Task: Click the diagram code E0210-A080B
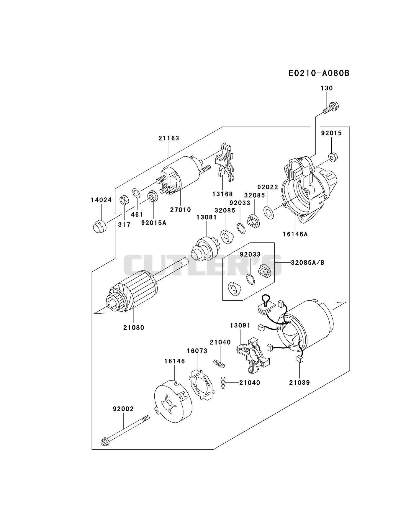(x=319, y=73)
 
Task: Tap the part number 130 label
(x=327, y=88)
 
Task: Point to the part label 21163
(x=169, y=138)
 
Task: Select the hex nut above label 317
(x=124, y=200)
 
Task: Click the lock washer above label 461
(x=137, y=193)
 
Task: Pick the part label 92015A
(x=154, y=223)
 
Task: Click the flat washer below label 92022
(x=268, y=213)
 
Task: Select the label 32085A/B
(x=307, y=262)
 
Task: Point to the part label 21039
(x=299, y=383)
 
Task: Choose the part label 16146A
(x=295, y=234)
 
